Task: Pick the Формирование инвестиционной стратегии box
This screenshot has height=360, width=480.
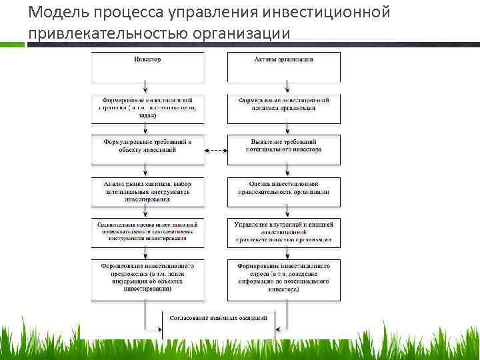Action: [147, 108]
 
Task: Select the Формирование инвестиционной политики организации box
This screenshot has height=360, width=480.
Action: [284, 108]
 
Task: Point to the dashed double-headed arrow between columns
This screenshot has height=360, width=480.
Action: [215, 150]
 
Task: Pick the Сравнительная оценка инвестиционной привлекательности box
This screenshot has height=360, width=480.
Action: [147, 231]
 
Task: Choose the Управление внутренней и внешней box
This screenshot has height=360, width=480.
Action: [284, 231]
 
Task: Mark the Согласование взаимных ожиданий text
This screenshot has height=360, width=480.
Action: [217, 318]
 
